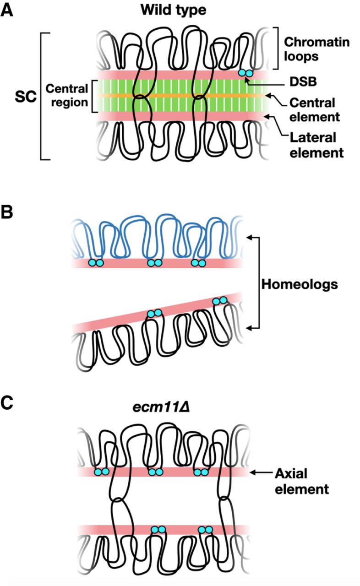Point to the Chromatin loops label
tap(316, 50)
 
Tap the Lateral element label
tap(316, 144)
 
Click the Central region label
tap(67, 95)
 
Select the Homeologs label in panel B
tap(300, 284)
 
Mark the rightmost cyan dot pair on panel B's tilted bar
tap(220, 301)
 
